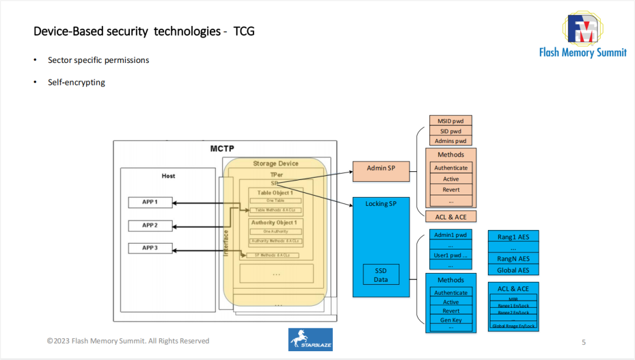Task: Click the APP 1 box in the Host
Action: (151, 202)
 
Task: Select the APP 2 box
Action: (151, 225)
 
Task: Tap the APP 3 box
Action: (151, 248)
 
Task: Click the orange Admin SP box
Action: (380, 168)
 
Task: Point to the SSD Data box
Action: (381, 275)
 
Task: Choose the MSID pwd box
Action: (451, 121)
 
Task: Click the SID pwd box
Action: (451, 131)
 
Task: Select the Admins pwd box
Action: (451, 141)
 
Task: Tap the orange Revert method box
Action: (451, 189)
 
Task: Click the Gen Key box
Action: (451, 320)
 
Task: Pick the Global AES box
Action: (513, 270)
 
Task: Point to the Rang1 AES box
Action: (513, 237)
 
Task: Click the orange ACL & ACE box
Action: (451, 217)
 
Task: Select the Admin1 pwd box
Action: (451, 235)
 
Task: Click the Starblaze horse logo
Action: (310, 339)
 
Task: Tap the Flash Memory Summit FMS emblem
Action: (583, 28)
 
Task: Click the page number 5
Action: (583, 342)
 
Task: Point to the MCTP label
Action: (222, 149)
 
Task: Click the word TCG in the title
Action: (244, 31)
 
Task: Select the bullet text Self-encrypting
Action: (76, 82)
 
